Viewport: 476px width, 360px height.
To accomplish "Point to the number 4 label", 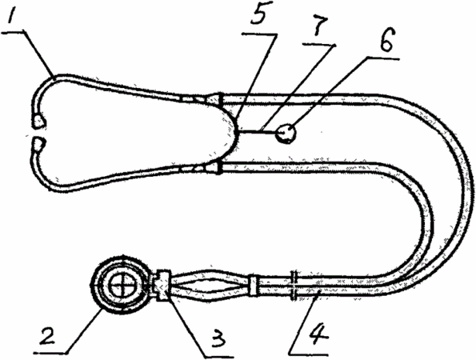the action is coord(315,336).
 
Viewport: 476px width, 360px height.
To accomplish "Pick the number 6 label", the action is coord(386,40).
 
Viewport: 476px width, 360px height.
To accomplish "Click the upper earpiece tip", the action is coord(40,122).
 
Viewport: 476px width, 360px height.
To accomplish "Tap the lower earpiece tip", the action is coord(38,145).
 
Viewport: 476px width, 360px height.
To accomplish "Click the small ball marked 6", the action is coord(286,134).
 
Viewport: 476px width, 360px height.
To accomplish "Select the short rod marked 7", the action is coord(257,131).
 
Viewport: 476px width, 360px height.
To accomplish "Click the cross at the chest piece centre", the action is coord(122,285).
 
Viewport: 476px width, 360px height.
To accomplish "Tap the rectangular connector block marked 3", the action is coord(164,285).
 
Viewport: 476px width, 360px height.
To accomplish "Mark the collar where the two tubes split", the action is coord(254,285).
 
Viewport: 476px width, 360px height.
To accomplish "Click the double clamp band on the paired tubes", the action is coord(294,285).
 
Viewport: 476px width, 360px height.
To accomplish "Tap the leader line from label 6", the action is coord(329,92).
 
